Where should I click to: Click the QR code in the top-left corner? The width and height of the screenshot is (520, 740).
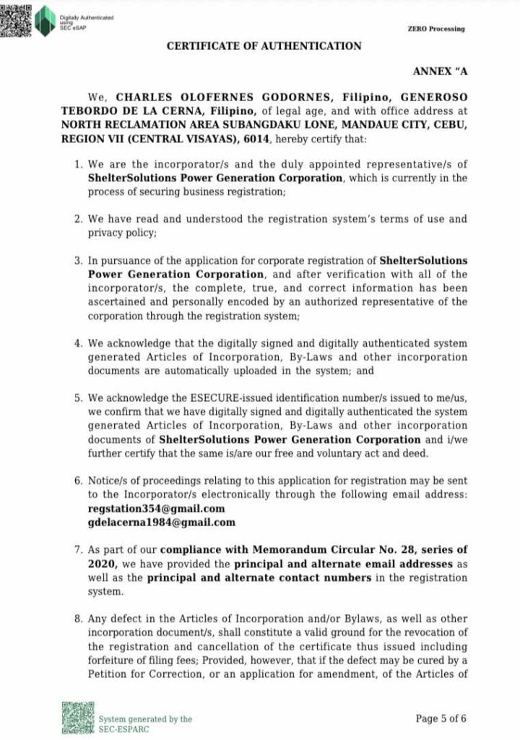17,18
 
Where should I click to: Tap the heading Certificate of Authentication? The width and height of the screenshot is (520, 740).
264,46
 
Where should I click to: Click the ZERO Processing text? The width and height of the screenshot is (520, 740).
436,29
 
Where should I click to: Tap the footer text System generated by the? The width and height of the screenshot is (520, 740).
145,719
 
